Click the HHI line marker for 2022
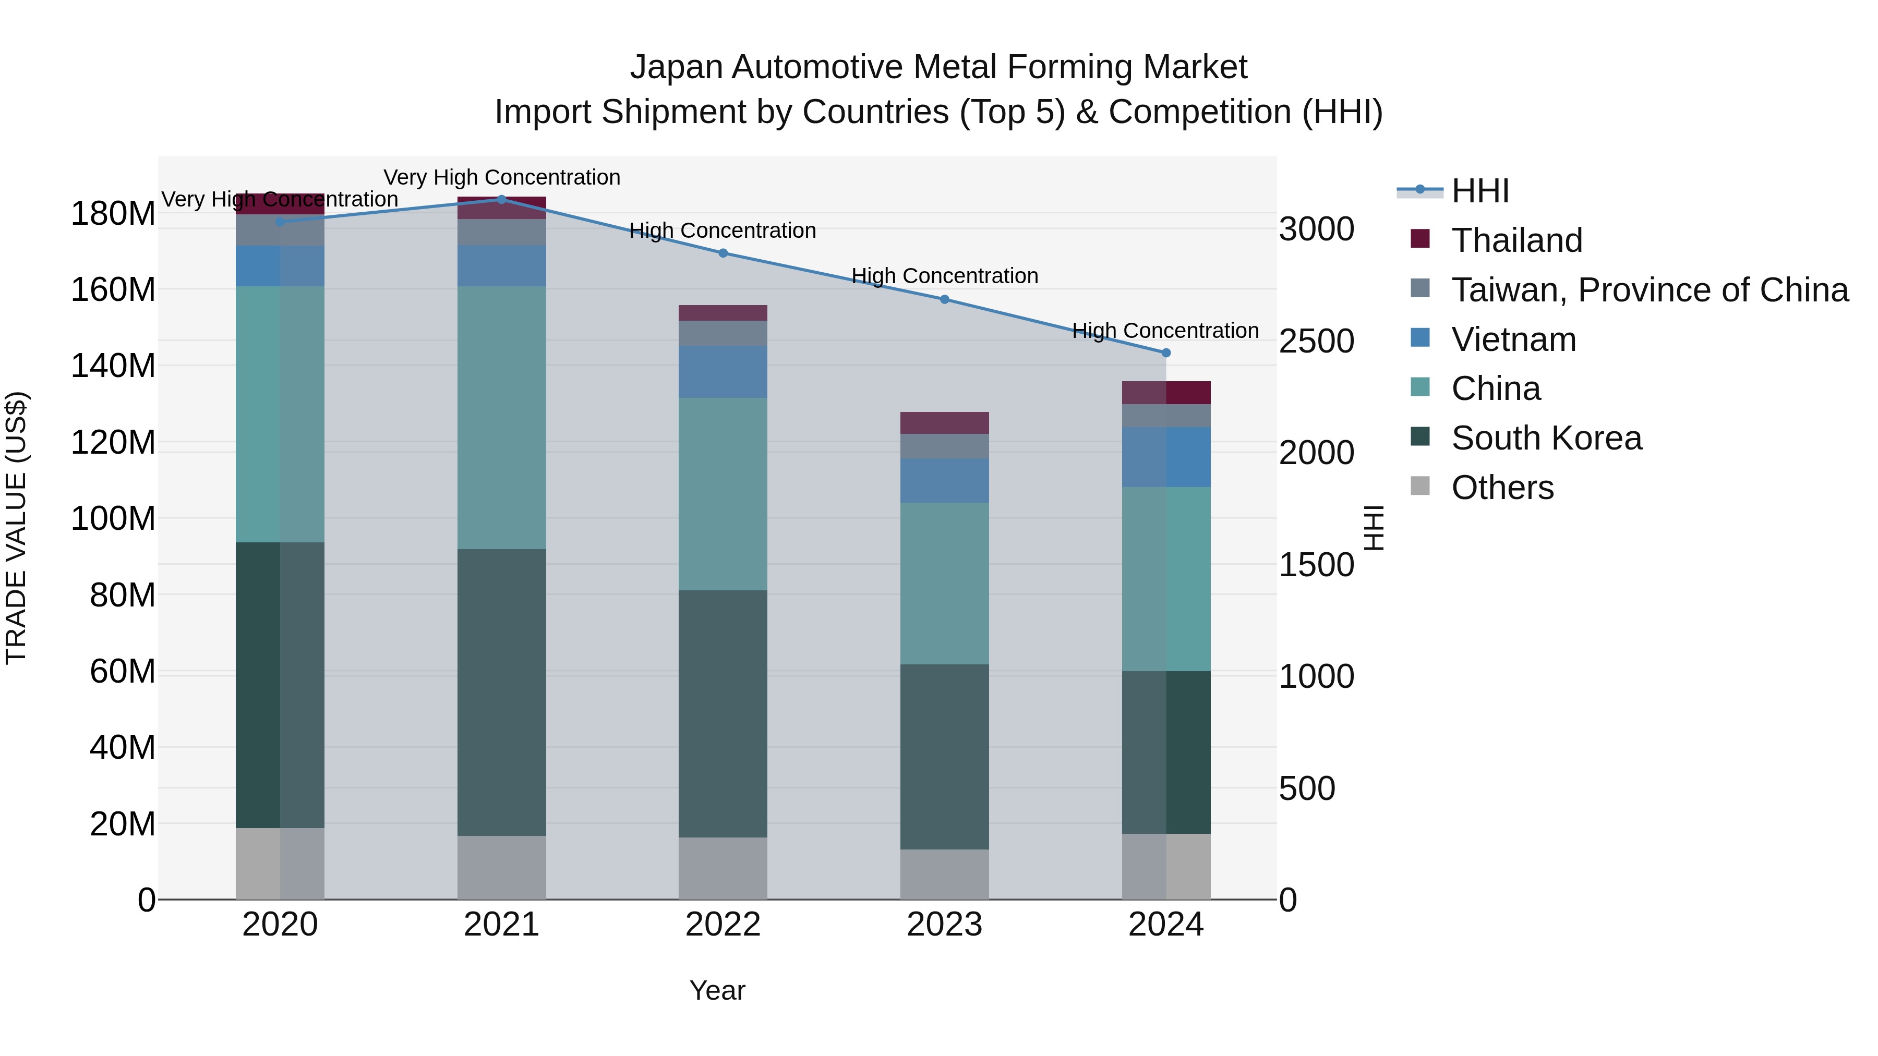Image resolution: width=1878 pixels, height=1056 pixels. click(723, 253)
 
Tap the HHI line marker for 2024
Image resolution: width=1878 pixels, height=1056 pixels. click(1166, 353)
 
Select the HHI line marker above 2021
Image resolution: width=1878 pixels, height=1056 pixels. click(501, 199)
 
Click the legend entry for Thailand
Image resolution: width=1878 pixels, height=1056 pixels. click(1516, 240)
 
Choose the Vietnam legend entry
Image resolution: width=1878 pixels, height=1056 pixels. click(1513, 339)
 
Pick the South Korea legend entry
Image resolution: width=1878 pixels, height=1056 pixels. click(1546, 438)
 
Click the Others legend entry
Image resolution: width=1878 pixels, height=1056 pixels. click(1502, 488)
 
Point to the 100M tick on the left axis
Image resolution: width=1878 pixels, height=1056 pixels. click(113, 519)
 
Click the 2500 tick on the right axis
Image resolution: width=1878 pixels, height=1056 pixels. click(1317, 341)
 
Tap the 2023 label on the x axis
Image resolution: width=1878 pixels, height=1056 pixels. click(944, 925)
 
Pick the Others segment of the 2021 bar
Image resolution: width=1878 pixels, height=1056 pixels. click(501, 867)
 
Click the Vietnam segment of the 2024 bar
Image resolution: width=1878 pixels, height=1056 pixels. click(1166, 457)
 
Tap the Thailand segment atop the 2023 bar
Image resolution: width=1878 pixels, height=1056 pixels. click(944, 423)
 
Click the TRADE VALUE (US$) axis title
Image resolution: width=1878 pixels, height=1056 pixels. click(17, 528)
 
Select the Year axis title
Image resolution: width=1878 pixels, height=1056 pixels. click(717, 990)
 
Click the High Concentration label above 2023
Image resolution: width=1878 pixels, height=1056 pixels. click(944, 276)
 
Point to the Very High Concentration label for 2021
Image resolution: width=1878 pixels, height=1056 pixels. click(501, 177)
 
